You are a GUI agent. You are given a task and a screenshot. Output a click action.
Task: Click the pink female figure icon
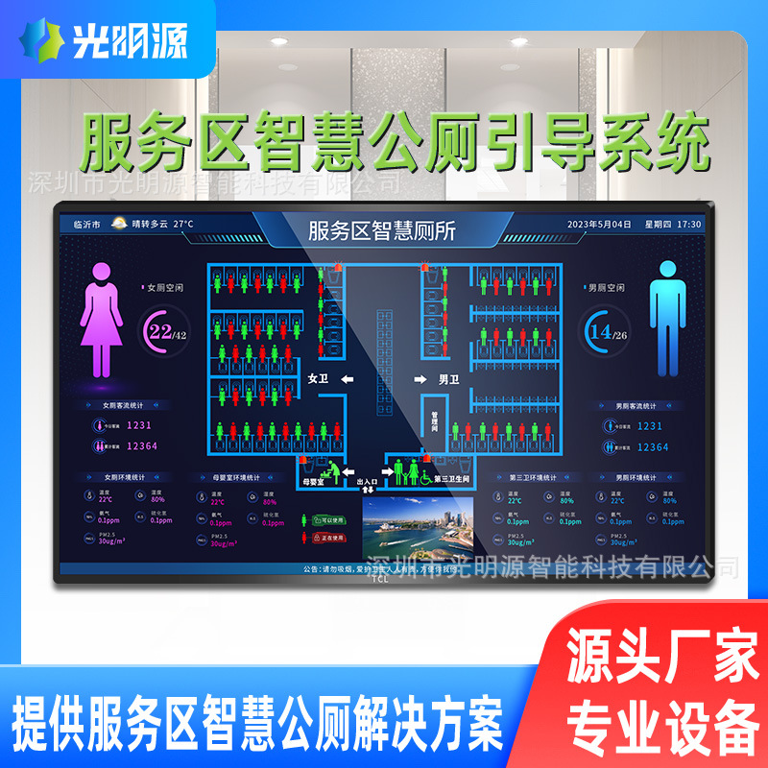coord(101,319)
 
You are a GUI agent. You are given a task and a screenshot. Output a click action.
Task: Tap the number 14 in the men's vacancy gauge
coord(602,331)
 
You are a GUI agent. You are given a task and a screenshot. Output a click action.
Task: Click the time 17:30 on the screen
coord(689,225)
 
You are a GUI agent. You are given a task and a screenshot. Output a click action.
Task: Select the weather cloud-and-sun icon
coord(119,224)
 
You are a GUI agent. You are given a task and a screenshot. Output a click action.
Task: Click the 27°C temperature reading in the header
coord(181,225)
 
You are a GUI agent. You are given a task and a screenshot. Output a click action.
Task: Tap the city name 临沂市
coord(87,225)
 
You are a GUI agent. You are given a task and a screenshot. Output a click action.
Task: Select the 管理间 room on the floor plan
coord(434,420)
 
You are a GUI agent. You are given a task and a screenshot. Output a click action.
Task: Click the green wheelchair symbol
coord(423,474)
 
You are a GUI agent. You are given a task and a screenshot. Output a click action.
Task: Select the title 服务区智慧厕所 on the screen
coord(382,230)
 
